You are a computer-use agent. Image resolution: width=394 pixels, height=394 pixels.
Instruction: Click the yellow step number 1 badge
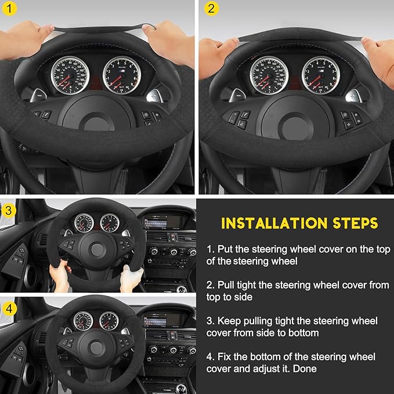9,9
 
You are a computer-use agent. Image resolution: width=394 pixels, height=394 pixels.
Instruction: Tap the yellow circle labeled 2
211,9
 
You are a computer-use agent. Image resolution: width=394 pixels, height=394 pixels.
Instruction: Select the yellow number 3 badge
9,210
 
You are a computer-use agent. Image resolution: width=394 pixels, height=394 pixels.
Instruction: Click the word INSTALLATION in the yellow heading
269,223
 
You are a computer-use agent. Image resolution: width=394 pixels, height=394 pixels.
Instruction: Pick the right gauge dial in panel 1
122,75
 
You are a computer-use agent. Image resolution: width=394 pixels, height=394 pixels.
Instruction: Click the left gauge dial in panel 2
269,75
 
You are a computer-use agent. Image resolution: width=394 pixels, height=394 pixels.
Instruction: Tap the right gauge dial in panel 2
321,75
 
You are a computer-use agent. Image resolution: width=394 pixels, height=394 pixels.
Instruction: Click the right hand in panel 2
377,55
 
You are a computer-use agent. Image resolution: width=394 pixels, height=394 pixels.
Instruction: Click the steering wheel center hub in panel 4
96,348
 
